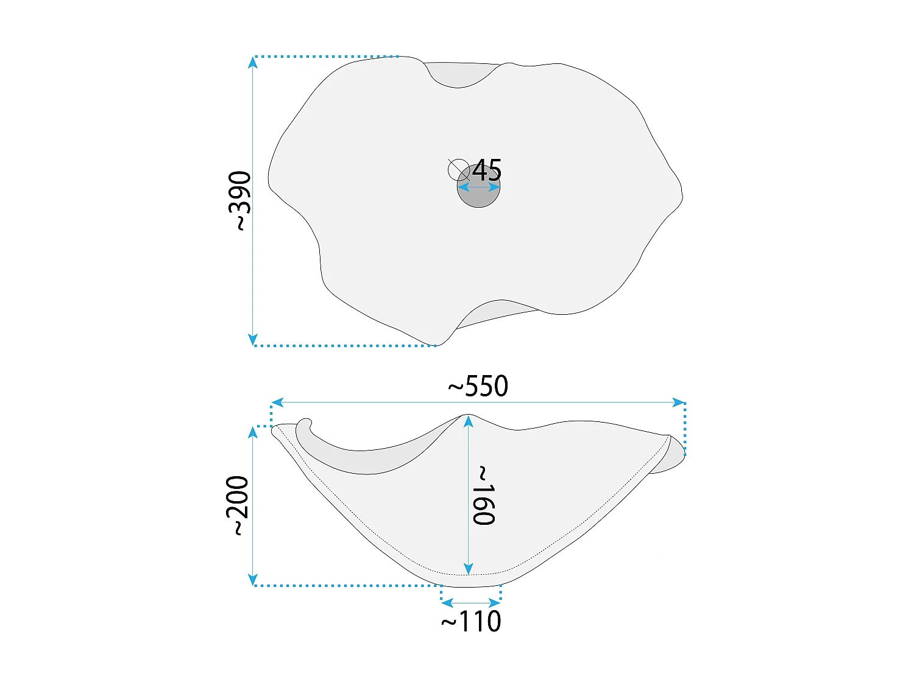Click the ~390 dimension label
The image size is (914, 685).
coord(240,200)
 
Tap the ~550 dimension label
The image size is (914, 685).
coord(478,386)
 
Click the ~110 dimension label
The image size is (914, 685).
coord(471,621)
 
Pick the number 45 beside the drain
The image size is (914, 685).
coord(487,170)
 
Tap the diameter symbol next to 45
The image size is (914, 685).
coord(458,170)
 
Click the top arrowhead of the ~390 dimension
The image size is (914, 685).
coord(252,62)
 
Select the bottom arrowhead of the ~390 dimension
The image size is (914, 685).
coord(252,339)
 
